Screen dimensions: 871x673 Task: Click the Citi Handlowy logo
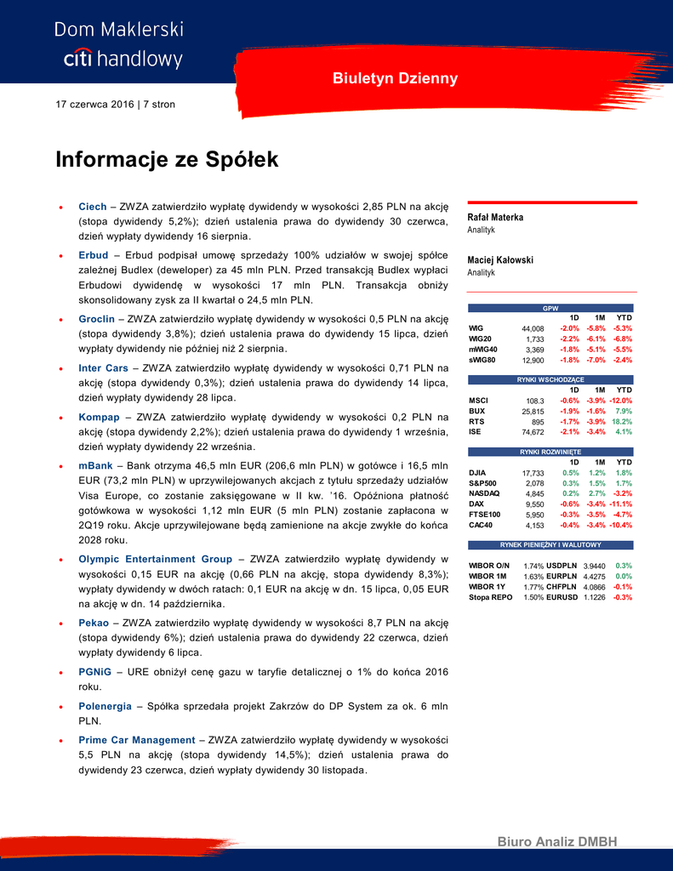pyautogui.click(x=118, y=45)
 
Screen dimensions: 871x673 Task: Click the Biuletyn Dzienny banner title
pyautogui.click(x=395, y=79)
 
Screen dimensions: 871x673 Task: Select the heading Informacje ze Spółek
pyautogui.click(x=167, y=160)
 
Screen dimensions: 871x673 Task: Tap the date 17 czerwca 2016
pyautogui.click(x=94, y=105)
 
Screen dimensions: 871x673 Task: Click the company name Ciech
pyautogui.click(x=92, y=207)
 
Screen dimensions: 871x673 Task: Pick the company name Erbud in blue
pyautogui.click(x=93, y=255)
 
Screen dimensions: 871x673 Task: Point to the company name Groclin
pyautogui.click(x=96, y=319)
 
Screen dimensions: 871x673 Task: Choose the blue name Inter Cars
pyautogui.click(x=103, y=368)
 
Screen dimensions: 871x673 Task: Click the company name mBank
pyautogui.click(x=95, y=466)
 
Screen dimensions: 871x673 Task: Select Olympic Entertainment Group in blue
pyautogui.click(x=155, y=559)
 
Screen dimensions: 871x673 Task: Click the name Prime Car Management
pyautogui.click(x=136, y=740)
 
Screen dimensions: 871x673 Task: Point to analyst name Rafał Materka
pyautogui.click(x=495, y=218)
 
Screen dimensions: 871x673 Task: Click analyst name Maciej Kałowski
pyautogui.click(x=500, y=260)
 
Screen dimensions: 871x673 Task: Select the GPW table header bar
pyautogui.click(x=550, y=308)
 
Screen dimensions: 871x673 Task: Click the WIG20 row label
pyautogui.click(x=480, y=339)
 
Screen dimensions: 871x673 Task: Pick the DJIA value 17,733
pyautogui.click(x=533, y=474)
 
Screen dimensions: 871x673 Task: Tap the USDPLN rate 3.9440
pyautogui.click(x=594, y=566)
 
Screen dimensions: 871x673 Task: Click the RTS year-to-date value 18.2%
pyautogui.click(x=622, y=422)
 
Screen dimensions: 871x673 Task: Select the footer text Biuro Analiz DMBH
pyautogui.click(x=556, y=842)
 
